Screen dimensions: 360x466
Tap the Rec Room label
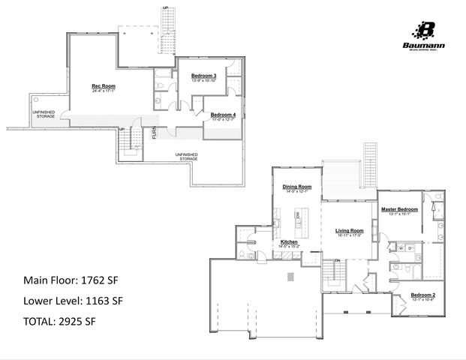point(104,86)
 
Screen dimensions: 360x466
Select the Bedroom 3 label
point(203,76)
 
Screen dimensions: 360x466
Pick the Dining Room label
point(296,186)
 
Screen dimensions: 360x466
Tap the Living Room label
point(349,230)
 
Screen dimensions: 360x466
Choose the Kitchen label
point(290,242)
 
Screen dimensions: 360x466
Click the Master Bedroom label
point(398,208)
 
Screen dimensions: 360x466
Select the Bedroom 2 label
point(423,296)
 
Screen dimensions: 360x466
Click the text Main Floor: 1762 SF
point(71,281)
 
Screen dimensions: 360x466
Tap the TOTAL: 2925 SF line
point(60,322)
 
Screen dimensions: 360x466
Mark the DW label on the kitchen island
point(298,215)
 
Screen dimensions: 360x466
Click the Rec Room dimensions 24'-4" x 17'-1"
point(104,91)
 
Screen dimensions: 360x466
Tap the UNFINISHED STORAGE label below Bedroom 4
point(186,157)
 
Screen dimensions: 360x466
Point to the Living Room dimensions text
point(349,235)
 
